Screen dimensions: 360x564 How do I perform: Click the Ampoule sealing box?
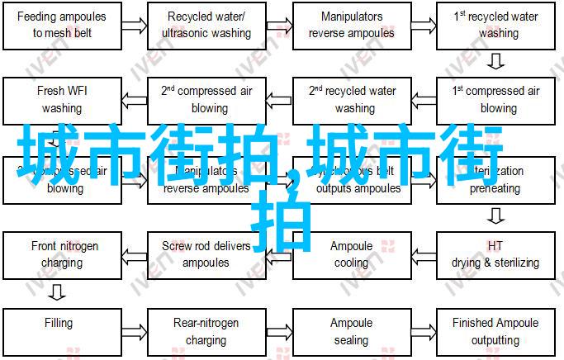click(x=352, y=331)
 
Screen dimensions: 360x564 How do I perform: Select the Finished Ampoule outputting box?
click(x=495, y=331)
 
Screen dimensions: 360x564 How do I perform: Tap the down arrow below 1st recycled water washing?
click(x=495, y=61)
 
